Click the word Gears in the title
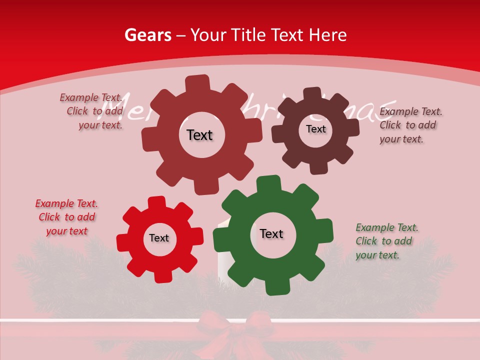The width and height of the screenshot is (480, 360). [x=147, y=35]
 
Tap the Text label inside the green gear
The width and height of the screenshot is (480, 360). [x=271, y=234]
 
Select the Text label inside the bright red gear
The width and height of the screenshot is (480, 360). [x=159, y=238]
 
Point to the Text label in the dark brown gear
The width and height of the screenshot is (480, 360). [x=315, y=129]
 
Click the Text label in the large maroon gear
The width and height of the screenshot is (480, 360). [x=199, y=135]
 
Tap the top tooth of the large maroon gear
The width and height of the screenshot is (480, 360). [x=197, y=83]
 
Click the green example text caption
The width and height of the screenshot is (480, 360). [x=386, y=241]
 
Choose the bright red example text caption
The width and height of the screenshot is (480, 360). [x=66, y=217]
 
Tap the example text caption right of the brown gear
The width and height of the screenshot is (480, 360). [x=410, y=125]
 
